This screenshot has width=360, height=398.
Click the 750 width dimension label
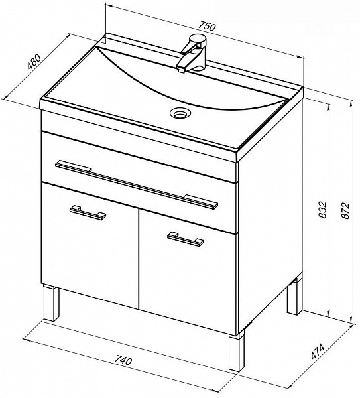(x=206, y=27)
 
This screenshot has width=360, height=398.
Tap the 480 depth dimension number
(x=34, y=62)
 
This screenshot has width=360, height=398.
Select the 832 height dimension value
(x=322, y=210)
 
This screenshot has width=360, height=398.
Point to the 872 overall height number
(x=345, y=210)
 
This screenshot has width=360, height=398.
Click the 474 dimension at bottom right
(x=318, y=351)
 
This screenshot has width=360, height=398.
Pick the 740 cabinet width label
(x=123, y=360)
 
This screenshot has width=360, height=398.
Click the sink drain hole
(x=181, y=113)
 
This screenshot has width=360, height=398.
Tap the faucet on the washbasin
(x=193, y=53)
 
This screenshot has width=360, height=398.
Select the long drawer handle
(x=137, y=184)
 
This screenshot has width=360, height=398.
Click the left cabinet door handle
(x=88, y=212)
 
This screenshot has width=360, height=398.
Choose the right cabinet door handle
(x=185, y=239)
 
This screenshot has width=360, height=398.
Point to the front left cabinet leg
(x=51, y=302)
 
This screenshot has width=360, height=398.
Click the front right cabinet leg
(x=237, y=350)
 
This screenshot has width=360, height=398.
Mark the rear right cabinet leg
(x=294, y=297)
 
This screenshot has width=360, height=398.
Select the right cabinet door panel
(x=188, y=271)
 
